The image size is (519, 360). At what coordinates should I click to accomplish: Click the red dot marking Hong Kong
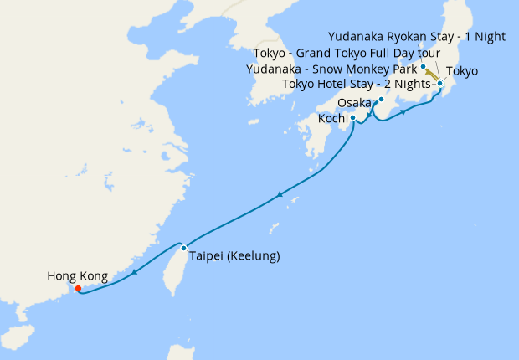(x=78, y=289)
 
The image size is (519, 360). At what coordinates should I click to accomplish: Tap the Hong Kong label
(x=76, y=275)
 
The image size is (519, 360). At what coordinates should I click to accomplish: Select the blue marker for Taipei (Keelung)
(x=183, y=248)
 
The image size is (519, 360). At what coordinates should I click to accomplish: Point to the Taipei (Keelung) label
(x=234, y=255)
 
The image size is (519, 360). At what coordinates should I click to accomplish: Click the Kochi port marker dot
(x=353, y=118)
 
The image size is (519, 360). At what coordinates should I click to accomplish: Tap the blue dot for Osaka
(x=381, y=100)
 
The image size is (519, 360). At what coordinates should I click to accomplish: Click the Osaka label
(x=354, y=103)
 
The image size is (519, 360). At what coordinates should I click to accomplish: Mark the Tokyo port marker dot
(x=439, y=84)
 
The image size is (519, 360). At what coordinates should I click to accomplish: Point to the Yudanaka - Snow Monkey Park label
(x=331, y=69)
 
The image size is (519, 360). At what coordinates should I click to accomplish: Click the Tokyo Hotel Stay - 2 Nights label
(x=356, y=83)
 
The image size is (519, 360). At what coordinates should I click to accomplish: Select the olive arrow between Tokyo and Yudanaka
(x=432, y=75)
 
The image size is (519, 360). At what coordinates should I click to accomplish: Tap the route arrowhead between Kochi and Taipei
(x=279, y=195)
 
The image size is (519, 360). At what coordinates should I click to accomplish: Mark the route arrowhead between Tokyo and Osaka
(x=404, y=112)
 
